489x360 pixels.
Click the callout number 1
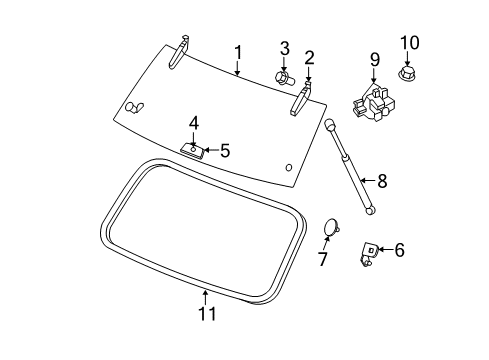(x=238, y=51)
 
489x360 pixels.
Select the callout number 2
(x=309, y=57)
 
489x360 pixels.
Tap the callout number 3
(x=284, y=48)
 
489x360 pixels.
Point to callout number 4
(x=194, y=124)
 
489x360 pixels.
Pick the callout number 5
(x=224, y=151)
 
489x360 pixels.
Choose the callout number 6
(x=399, y=250)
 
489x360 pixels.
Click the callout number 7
(x=322, y=261)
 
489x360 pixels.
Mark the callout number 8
(x=380, y=181)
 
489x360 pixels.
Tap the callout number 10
(x=410, y=42)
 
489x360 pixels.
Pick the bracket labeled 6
(x=369, y=253)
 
